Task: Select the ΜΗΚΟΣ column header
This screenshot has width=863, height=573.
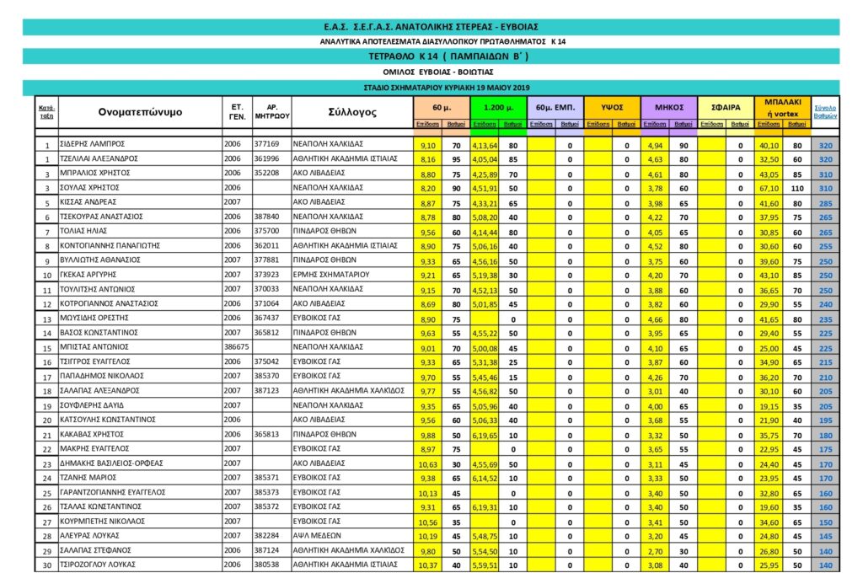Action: [669, 108]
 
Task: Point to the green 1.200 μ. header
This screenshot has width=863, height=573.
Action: [498, 108]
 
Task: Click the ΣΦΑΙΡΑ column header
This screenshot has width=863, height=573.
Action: [726, 108]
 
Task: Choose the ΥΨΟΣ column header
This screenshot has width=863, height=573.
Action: [612, 108]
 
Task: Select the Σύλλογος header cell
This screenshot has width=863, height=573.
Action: [351, 112]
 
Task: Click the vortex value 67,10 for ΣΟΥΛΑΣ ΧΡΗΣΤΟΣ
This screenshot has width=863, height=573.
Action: [769, 188]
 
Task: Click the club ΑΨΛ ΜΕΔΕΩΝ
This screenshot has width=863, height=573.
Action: [316, 535]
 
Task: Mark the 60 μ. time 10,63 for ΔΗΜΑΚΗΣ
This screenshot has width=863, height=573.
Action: [427, 463]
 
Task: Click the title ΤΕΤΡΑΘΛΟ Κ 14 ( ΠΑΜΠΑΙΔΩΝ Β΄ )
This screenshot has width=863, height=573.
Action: [431, 56]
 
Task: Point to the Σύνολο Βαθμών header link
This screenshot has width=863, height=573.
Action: [825, 112]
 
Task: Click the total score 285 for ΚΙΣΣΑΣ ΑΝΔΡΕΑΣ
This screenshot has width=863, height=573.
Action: [825, 203]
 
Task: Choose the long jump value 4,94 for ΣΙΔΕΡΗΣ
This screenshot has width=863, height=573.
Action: [655, 145]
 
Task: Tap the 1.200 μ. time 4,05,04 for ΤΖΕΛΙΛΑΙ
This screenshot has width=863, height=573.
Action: [485, 158]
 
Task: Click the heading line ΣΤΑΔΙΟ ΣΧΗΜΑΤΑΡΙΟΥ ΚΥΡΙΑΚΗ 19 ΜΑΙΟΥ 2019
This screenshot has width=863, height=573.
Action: [431, 88]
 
